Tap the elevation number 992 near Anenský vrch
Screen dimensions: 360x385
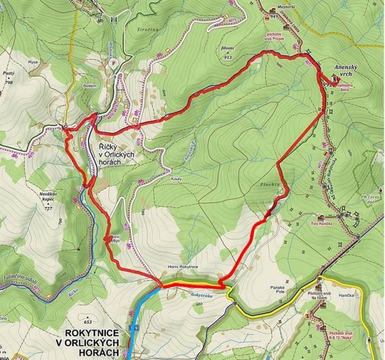pos(326,82)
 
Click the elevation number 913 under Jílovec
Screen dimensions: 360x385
pos(227,57)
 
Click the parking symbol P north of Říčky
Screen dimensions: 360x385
pos(113,63)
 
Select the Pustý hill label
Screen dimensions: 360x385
pos(9,73)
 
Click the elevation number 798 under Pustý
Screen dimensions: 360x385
pos(9,82)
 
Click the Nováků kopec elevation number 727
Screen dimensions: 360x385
pos(48,208)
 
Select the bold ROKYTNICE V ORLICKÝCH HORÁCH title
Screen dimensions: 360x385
pos(93,342)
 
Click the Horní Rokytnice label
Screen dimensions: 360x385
pos(183,267)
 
